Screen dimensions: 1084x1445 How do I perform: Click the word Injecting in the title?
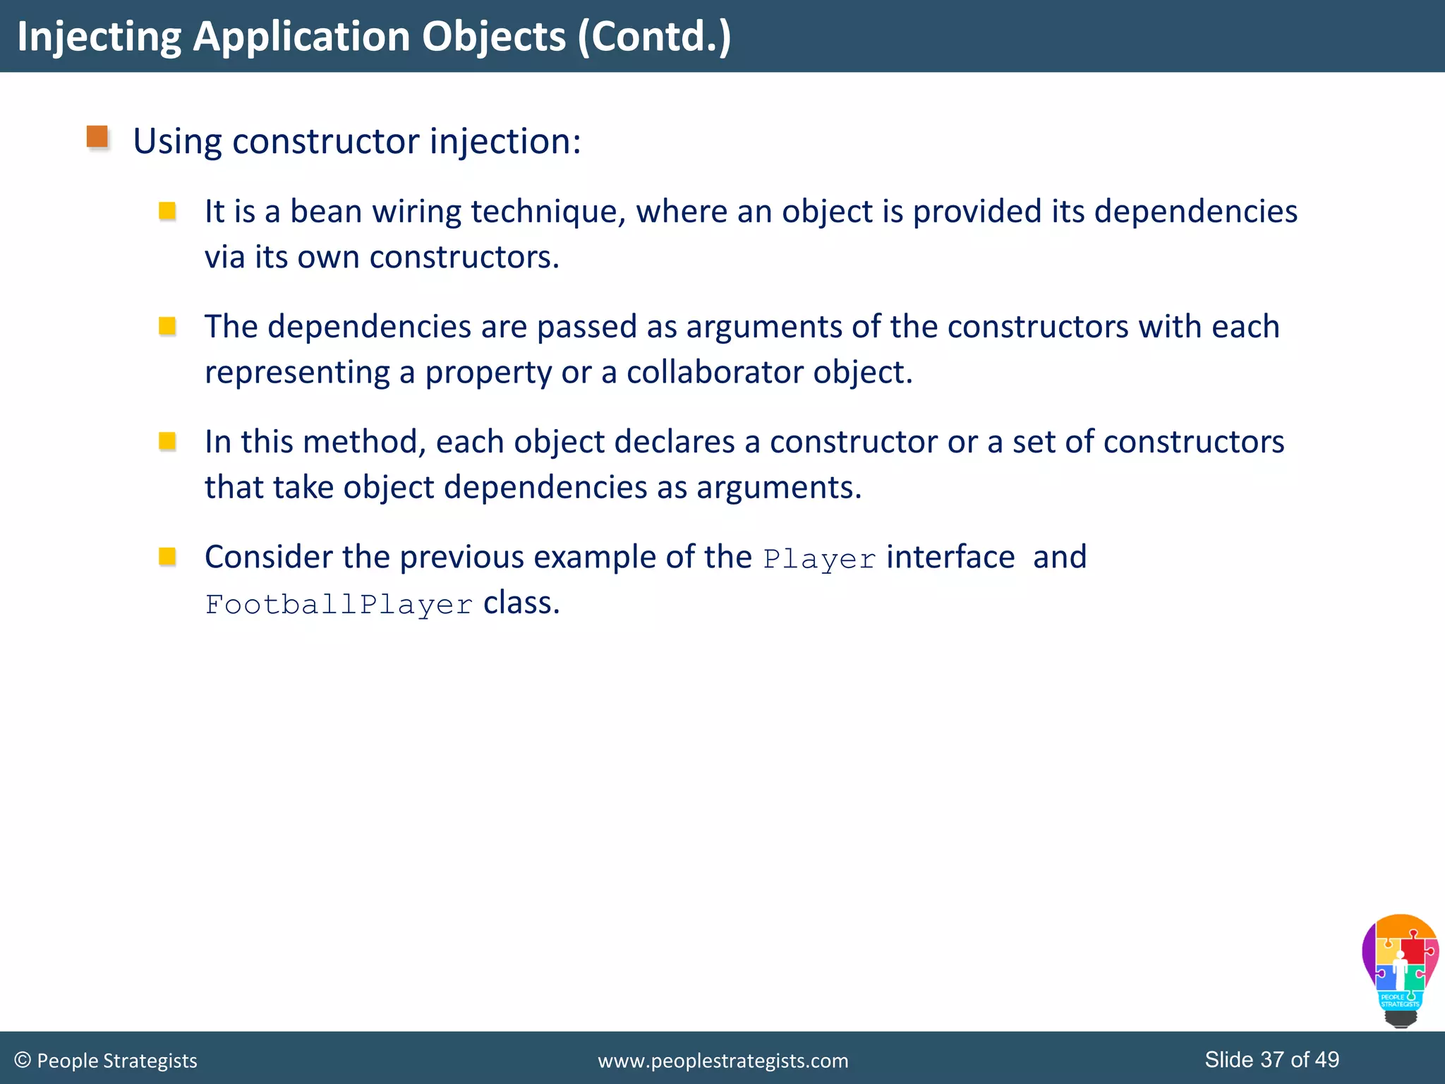click(99, 37)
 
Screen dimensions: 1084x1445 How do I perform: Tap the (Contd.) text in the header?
click(654, 37)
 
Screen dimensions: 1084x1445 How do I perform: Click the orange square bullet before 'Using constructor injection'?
click(97, 137)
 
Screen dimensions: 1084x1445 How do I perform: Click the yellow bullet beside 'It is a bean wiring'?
click(167, 211)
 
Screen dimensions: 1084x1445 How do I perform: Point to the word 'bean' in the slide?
click(326, 212)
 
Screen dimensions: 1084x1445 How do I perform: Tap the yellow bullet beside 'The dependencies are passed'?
click(167, 326)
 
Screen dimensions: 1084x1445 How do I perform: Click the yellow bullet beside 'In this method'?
click(167, 441)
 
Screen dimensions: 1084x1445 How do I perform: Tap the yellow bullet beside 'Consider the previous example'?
click(167, 557)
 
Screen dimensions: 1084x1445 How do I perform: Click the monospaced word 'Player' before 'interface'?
click(819, 559)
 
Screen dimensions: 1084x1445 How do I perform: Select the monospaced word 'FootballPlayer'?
click(339, 605)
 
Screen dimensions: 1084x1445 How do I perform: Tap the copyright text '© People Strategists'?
click(106, 1061)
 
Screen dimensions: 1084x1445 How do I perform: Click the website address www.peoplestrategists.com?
click(722, 1061)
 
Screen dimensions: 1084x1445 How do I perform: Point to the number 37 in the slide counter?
click(1272, 1059)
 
